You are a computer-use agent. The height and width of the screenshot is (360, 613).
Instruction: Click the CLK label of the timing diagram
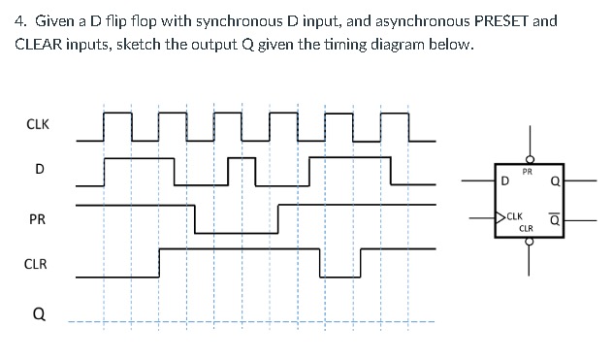point(38,124)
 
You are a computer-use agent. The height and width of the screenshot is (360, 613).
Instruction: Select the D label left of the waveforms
point(39,170)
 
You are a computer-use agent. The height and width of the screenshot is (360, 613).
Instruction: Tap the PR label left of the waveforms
point(38,219)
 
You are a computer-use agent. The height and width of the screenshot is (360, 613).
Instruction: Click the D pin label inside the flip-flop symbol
point(505,180)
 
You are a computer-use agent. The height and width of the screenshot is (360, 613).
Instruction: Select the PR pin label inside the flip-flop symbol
point(527,172)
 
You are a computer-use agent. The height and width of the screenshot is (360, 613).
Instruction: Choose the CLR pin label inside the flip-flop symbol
point(527,228)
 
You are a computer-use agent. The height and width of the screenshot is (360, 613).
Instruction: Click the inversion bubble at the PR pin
point(530,160)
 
